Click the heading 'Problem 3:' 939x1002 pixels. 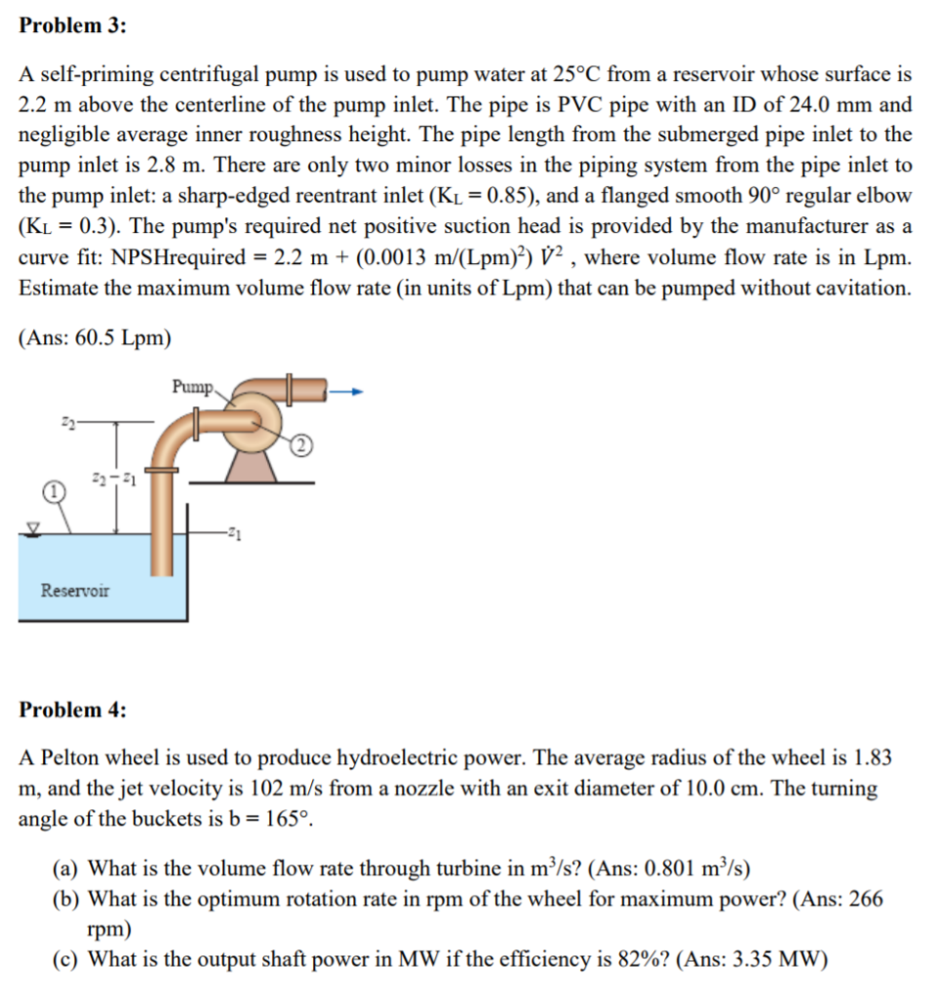coord(73,26)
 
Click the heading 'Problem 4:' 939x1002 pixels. coord(73,710)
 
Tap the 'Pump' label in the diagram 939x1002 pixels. coord(192,387)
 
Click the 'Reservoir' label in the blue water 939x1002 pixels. coord(75,590)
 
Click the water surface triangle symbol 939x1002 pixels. coord(34,528)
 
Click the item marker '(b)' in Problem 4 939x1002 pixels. coord(66,898)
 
